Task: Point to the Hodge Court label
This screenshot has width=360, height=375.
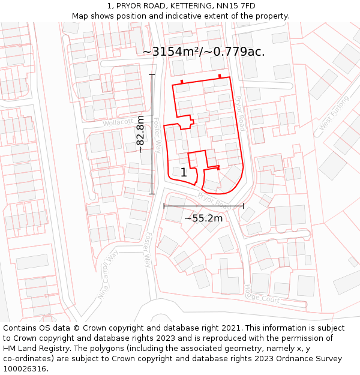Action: [x=262, y=294]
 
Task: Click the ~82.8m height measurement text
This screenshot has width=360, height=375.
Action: [x=140, y=134]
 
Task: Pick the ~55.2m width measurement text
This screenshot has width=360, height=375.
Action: [x=203, y=218]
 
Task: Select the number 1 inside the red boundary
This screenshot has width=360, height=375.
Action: [x=184, y=173]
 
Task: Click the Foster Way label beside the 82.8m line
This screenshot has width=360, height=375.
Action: [x=157, y=134]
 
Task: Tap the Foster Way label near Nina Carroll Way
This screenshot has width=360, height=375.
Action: [x=148, y=250]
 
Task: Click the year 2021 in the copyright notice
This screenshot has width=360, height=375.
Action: [x=228, y=328]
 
